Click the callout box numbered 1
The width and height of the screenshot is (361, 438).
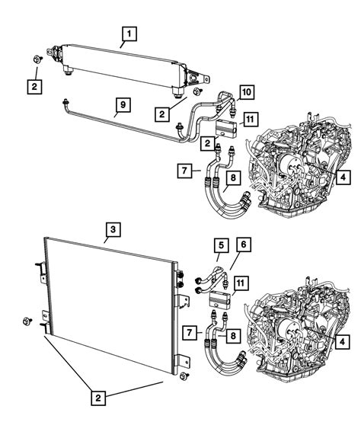click(130, 33)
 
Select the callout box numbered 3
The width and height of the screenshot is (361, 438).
click(111, 228)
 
